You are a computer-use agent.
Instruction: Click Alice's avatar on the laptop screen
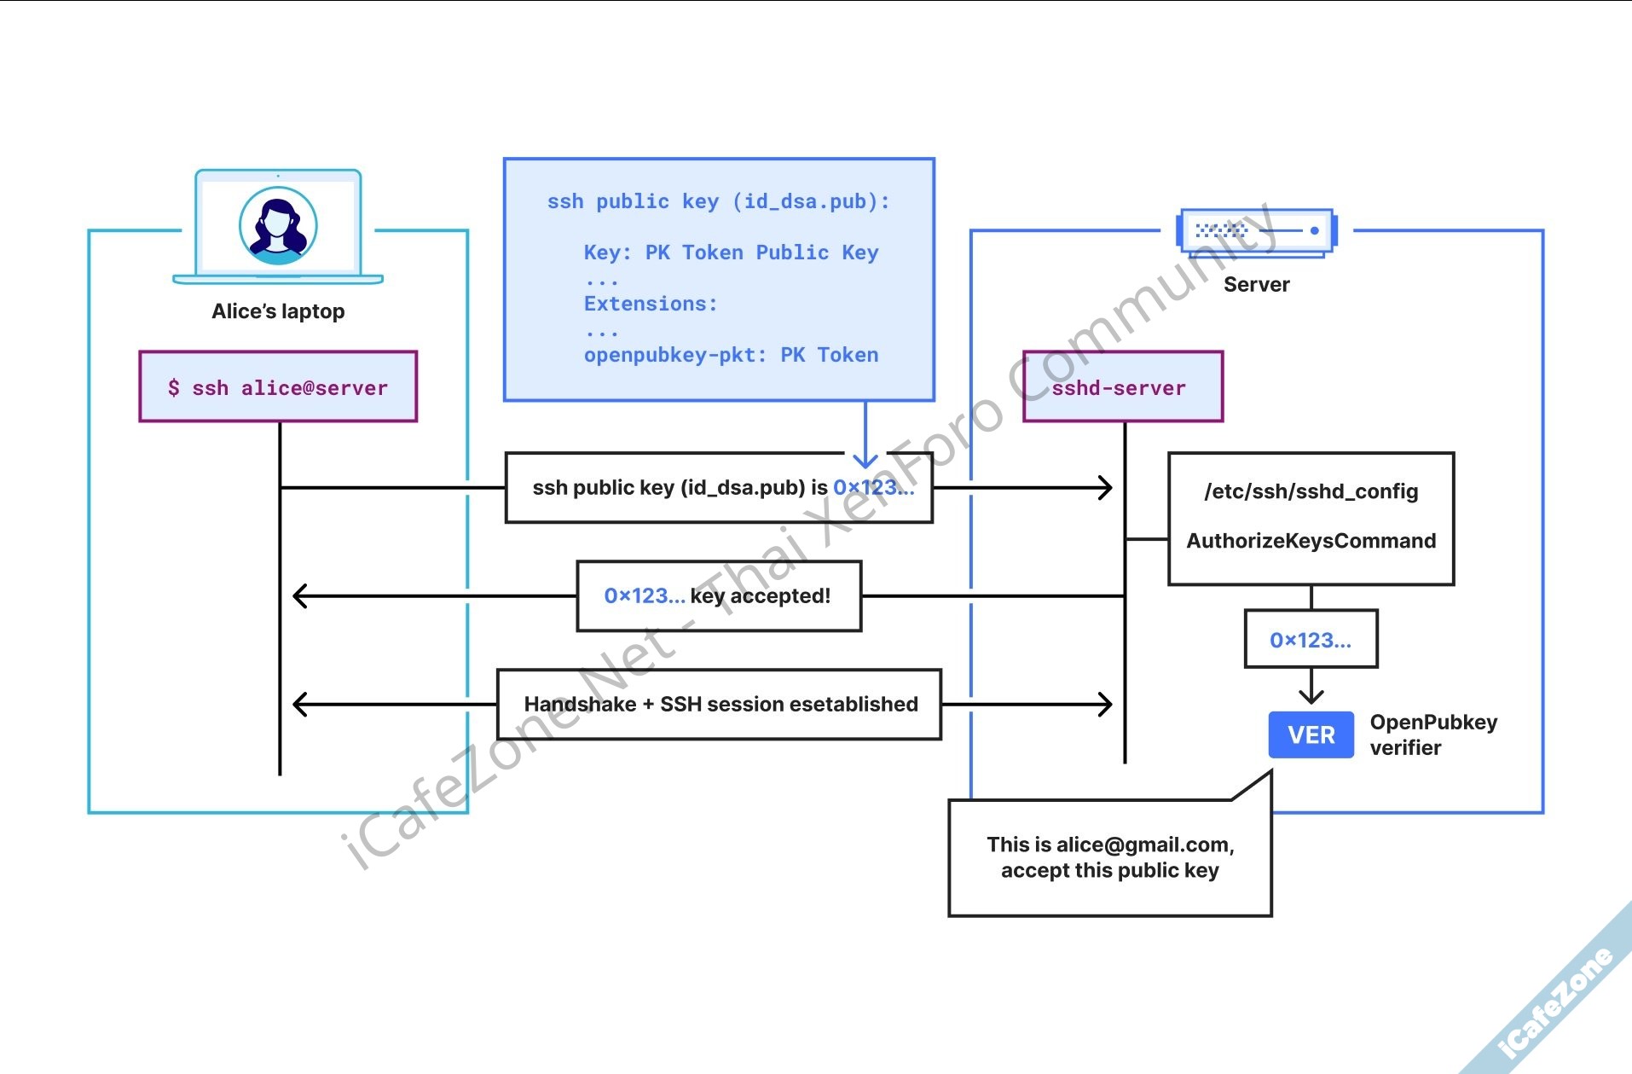[x=278, y=226]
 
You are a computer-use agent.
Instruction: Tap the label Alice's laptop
[x=278, y=311]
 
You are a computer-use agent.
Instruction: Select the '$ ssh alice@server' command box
[x=278, y=387]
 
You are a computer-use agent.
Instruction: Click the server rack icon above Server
[x=1256, y=231]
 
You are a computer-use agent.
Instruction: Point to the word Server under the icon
[x=1256, y=285]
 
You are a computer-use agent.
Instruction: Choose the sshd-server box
[x=1122, y=387]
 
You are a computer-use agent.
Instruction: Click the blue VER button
[x=1311, y=734]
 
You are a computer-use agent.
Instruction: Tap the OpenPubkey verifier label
[x=1432, y=734]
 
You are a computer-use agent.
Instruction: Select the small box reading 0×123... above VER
[x=1311, y=640]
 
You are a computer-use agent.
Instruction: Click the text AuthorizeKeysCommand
[x=1311, y=541]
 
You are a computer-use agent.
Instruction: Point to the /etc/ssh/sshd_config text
[x=1311, y=491]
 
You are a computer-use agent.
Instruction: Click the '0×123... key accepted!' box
[x=718, y=595]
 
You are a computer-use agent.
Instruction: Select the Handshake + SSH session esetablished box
[x=720, y=704]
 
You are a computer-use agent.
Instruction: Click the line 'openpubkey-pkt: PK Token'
[x=731, y=355]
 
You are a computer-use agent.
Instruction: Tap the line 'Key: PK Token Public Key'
[x=731, y=253]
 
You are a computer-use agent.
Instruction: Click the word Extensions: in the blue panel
[x=651, y=304]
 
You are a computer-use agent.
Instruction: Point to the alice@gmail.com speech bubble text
[x=1109, y=857]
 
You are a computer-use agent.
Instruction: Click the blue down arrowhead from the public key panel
[x=865, y=461]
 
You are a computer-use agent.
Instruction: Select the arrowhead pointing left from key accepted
[x=299, y=595]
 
